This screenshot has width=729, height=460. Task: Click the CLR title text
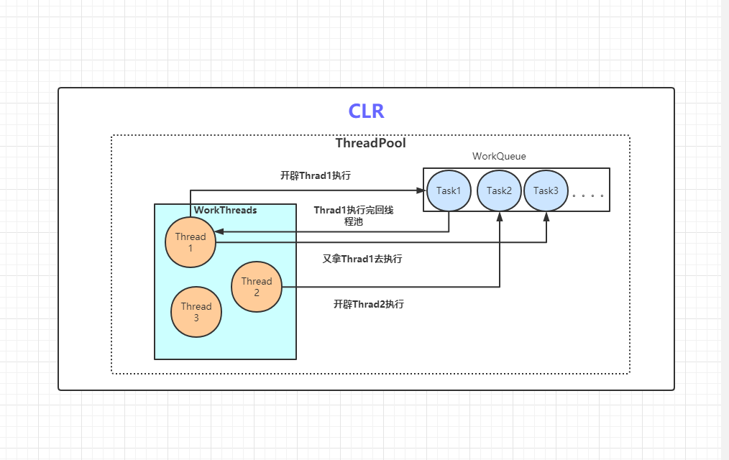pos(366,111)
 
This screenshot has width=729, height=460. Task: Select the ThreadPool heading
pos(370,143)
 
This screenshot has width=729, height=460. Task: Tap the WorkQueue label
pos(499,156)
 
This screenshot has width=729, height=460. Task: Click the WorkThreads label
pos(226,211)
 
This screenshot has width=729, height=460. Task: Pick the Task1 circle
pos(449,190)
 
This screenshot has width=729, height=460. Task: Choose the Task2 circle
pos(499,190)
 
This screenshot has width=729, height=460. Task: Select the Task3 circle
pos(546,190)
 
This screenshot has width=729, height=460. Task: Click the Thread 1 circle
pos(191,242)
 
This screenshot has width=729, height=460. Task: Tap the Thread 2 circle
pos(257,287)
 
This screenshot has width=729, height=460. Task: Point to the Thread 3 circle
pos(196,312)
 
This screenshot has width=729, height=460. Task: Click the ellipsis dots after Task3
pos(587,195)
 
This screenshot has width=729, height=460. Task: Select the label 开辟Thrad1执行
pos(316,175)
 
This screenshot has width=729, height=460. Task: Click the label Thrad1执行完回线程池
pos(354,216)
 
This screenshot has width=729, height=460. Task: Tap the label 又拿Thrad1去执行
pos(362,259)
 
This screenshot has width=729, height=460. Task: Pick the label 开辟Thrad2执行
pos(369,304)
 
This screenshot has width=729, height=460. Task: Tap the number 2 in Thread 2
pos(257,293)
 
